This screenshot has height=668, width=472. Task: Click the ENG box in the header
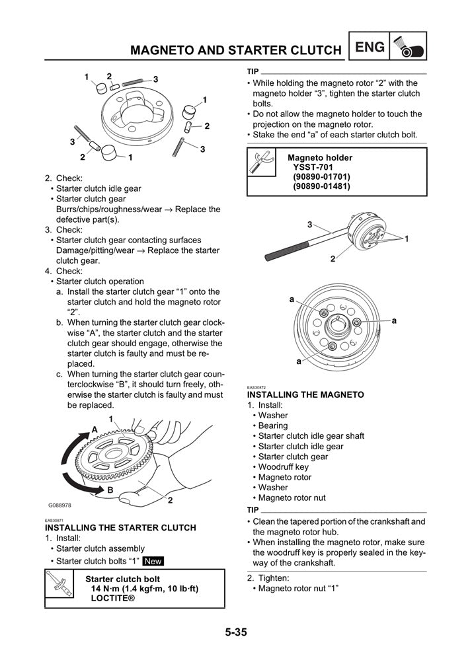tap(369, 47)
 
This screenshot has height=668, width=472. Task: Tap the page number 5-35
tap(235, 632)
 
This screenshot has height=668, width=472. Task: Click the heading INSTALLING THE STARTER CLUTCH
tap(120, 527)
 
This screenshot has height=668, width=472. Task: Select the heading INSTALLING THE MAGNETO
tap(305, 394)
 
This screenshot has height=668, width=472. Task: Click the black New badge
tap(153, 561)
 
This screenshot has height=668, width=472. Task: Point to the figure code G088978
tap(59, 505)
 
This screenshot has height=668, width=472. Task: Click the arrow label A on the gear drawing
tap(95, 429)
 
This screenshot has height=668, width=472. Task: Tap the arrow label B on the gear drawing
tap(110, 490)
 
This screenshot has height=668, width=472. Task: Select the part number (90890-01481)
tap(321, 186)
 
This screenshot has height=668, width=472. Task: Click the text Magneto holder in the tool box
tap(320, 157)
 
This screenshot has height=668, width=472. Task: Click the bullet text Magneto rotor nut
tap(292, 498)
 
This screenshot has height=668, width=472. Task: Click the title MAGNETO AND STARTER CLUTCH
tap(235, 50)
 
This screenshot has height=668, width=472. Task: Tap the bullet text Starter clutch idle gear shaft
tap(311, 436)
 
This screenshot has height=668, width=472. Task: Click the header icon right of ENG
tap(408, 47)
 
